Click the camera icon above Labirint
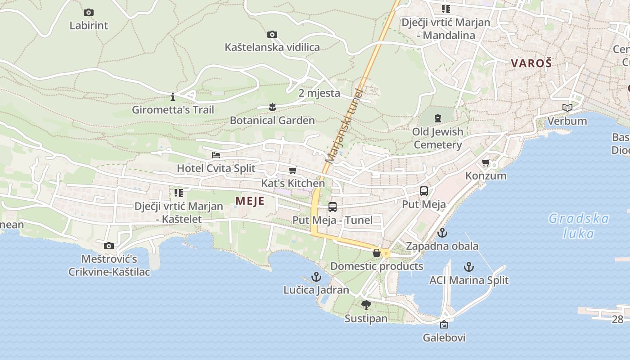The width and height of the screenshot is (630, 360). click(x=89, y=13)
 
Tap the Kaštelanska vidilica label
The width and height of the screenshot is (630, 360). click(x=272, y=47)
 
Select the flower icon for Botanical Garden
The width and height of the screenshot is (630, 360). click(x=272, y=107)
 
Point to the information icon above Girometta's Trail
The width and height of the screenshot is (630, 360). click(x=173, y=97)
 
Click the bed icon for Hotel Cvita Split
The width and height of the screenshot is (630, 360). click(x=216, y=155)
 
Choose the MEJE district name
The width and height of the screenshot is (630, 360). click(x=250, y=201)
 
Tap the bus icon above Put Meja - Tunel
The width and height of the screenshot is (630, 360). click(x=333, y=207)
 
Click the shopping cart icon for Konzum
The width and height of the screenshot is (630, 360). click(x=486, y=162)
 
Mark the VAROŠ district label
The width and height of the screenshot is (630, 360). click(x=531, y=63)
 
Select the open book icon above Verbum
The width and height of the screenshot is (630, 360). click(x=567, y=108)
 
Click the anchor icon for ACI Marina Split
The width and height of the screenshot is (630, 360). click(x=469, y=267)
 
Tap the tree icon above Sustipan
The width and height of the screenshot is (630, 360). click(x=366, y=305)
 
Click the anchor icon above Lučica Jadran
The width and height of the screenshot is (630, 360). click(x=316, y=277)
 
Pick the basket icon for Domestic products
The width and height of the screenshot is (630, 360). click(x=377, y=253)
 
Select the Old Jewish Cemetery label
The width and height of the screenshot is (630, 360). click(x=438, y=138)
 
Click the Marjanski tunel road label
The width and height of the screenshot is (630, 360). click(x=344, y=126)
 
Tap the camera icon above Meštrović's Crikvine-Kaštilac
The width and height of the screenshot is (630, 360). click(x=109, y=246)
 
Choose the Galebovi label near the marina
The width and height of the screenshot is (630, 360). click(x=444, y=337)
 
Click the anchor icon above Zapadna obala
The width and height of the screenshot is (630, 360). click(x=442, y=233)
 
